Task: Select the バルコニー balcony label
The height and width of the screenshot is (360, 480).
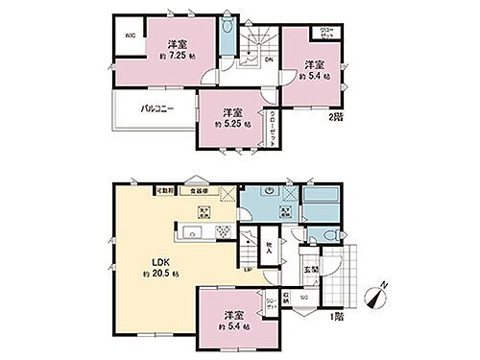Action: [154, 109]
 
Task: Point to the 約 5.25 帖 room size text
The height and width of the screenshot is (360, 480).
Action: [233, 125]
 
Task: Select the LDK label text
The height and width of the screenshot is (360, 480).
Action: [143, 259]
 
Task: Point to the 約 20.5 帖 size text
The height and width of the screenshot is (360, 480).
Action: [145, 274]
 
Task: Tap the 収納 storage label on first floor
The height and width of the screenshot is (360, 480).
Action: [286, 298]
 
